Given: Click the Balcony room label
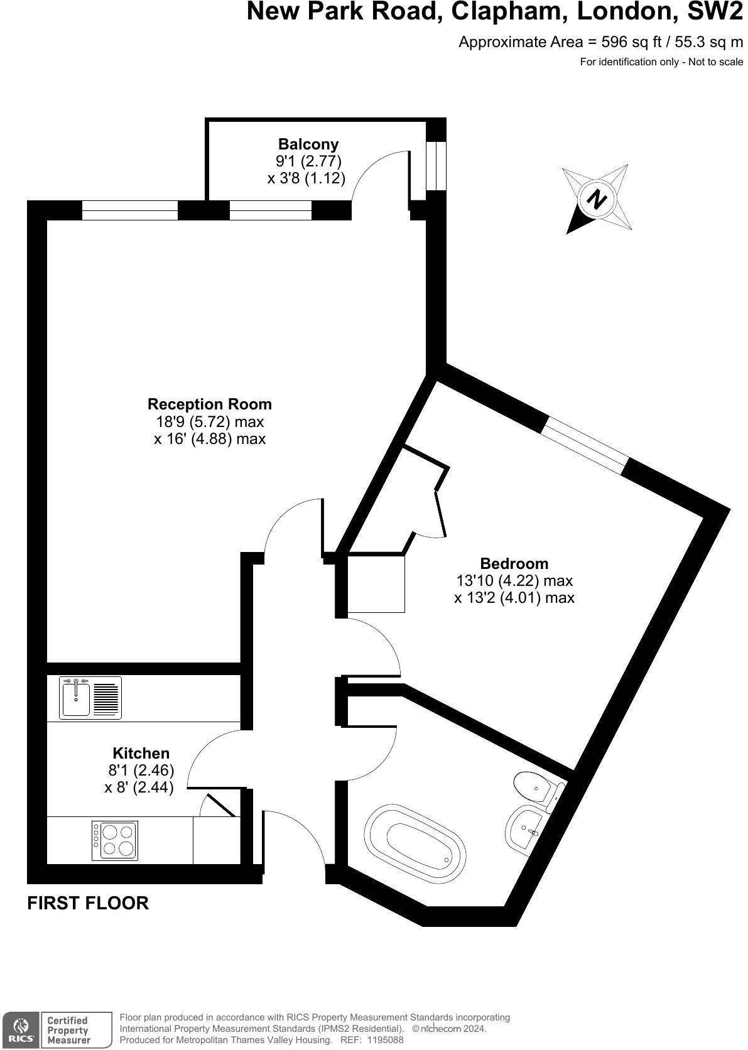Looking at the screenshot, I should (308, 144).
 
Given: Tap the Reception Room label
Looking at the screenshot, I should (210, 404).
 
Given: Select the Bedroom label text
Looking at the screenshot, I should (514, 563).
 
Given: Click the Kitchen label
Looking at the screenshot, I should (141, 753).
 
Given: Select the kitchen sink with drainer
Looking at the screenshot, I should (90, 698).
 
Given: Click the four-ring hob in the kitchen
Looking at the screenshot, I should (114, 841).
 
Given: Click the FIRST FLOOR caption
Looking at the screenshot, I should (88, 903).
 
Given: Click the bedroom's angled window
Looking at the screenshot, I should (585, 446).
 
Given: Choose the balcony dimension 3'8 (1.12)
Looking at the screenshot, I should (306, 178).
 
